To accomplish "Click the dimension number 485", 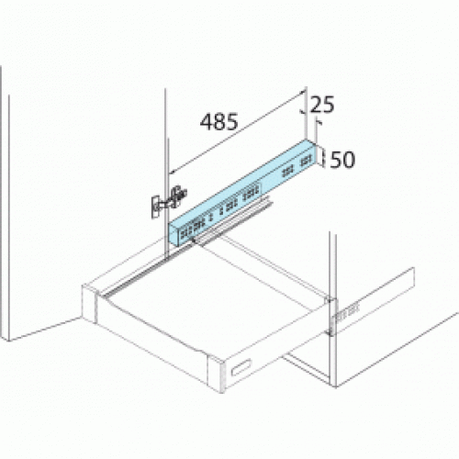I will coord(219,121).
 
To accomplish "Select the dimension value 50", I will coord(342,159).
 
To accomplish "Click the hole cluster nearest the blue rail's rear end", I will coord(291,167).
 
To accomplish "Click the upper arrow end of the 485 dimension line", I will coord(303,93).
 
